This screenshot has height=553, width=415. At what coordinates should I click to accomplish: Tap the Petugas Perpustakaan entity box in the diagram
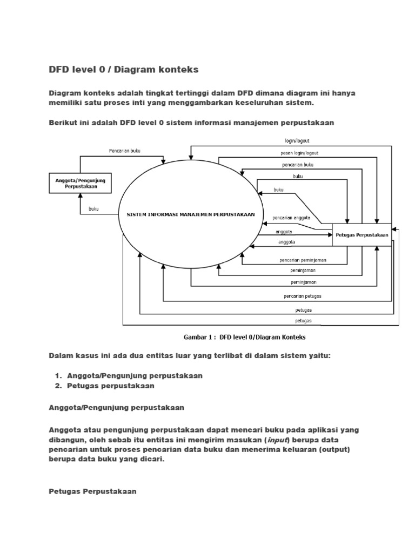(x=362, y=234)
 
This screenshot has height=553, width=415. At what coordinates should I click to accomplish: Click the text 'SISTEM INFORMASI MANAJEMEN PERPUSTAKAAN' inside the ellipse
(x=190, y=214)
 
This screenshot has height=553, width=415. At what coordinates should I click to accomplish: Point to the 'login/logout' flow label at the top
(x=298, y=140)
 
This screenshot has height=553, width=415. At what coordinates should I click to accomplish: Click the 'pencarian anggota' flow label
(x=291, y=219)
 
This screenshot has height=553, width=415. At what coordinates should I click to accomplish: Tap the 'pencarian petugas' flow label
(x=303, y=296)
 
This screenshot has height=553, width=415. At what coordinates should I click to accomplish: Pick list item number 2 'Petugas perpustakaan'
(x=111, y=386)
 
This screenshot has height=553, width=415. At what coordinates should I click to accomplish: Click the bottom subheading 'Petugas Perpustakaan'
(x=92, y=491)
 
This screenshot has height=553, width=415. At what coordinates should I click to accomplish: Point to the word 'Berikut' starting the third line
(x=63, y=123)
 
